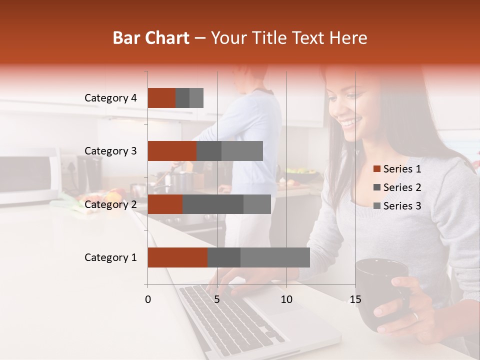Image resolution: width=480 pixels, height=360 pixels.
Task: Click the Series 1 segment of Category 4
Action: pyautogui.click(x=161, y=98)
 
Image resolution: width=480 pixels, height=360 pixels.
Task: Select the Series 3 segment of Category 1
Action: pyautogui.click(x=275, y=257)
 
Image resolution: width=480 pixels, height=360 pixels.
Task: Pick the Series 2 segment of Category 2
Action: pyautogui.click(x=213, y=204)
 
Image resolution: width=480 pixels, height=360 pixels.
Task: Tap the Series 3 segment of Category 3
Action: pyautogui.click(x=242, y=151)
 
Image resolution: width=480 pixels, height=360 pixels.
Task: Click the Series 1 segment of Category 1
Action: pyautogui.click(x=177, y=257)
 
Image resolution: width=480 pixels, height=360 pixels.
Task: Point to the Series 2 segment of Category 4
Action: pyautogui.click(x=182, y=98)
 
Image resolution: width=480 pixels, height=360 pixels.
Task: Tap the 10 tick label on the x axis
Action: pyautogui.click(x=286, y=299)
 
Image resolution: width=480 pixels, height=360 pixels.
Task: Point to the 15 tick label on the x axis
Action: pyautogui.click(x=355, y=299)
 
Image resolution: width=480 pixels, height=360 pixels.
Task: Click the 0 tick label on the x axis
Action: pyautogui.click(x=148, y=299)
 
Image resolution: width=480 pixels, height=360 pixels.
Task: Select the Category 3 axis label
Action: pyautogui.click(x=110, y=151)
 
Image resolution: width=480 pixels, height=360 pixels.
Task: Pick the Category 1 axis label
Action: pyautogui.click(x=110, y=257)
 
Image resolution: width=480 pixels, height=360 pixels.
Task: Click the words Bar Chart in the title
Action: pyautogui.click(x=151, y=38)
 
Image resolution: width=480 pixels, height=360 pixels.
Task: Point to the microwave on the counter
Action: pyautogui.click(x=30, y=177)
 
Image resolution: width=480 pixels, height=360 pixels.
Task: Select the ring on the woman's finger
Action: pyautogui.click(x=415, y=316)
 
